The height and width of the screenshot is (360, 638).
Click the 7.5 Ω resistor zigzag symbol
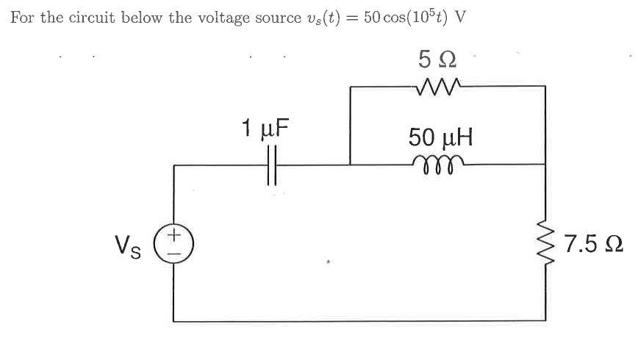pyautogui.click(x=545, y=243)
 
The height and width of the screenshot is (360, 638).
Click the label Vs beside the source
pyautogui.click(x=129, y=244)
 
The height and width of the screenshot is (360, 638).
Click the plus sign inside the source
pyautogui.click(x=174, y=235)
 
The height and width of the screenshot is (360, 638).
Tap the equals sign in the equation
pyautogui.click(x=352, y=18)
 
